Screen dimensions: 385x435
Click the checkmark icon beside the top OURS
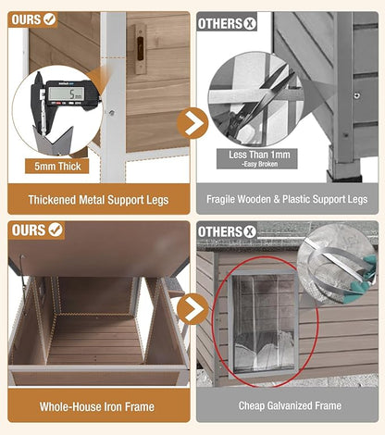click(50, 19)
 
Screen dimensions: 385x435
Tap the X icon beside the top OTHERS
click(250, 23)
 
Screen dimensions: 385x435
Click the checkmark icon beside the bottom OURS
click(56, 230)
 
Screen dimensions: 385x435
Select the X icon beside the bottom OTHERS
click(250, 231)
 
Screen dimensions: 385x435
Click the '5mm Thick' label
click(57, 167)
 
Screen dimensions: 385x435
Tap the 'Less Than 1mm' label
click(259, 155)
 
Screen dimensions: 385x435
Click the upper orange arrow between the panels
click(192, 123)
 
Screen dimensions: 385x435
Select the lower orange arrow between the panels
click(192, 309)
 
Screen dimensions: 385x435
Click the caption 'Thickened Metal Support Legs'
click(98, 200)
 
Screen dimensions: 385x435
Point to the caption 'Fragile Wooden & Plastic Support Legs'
click(287, 199)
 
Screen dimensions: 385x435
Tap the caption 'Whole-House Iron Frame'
click(97, 406)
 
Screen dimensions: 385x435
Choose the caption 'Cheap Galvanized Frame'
click(290, 405)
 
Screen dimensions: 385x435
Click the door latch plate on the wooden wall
click(141, 49)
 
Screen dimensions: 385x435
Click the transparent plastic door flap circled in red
click(264, 321)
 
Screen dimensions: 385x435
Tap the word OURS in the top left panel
click(26, 19)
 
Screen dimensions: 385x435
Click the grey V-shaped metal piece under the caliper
click(53, 141)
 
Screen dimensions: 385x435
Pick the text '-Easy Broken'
click(259, 164)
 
